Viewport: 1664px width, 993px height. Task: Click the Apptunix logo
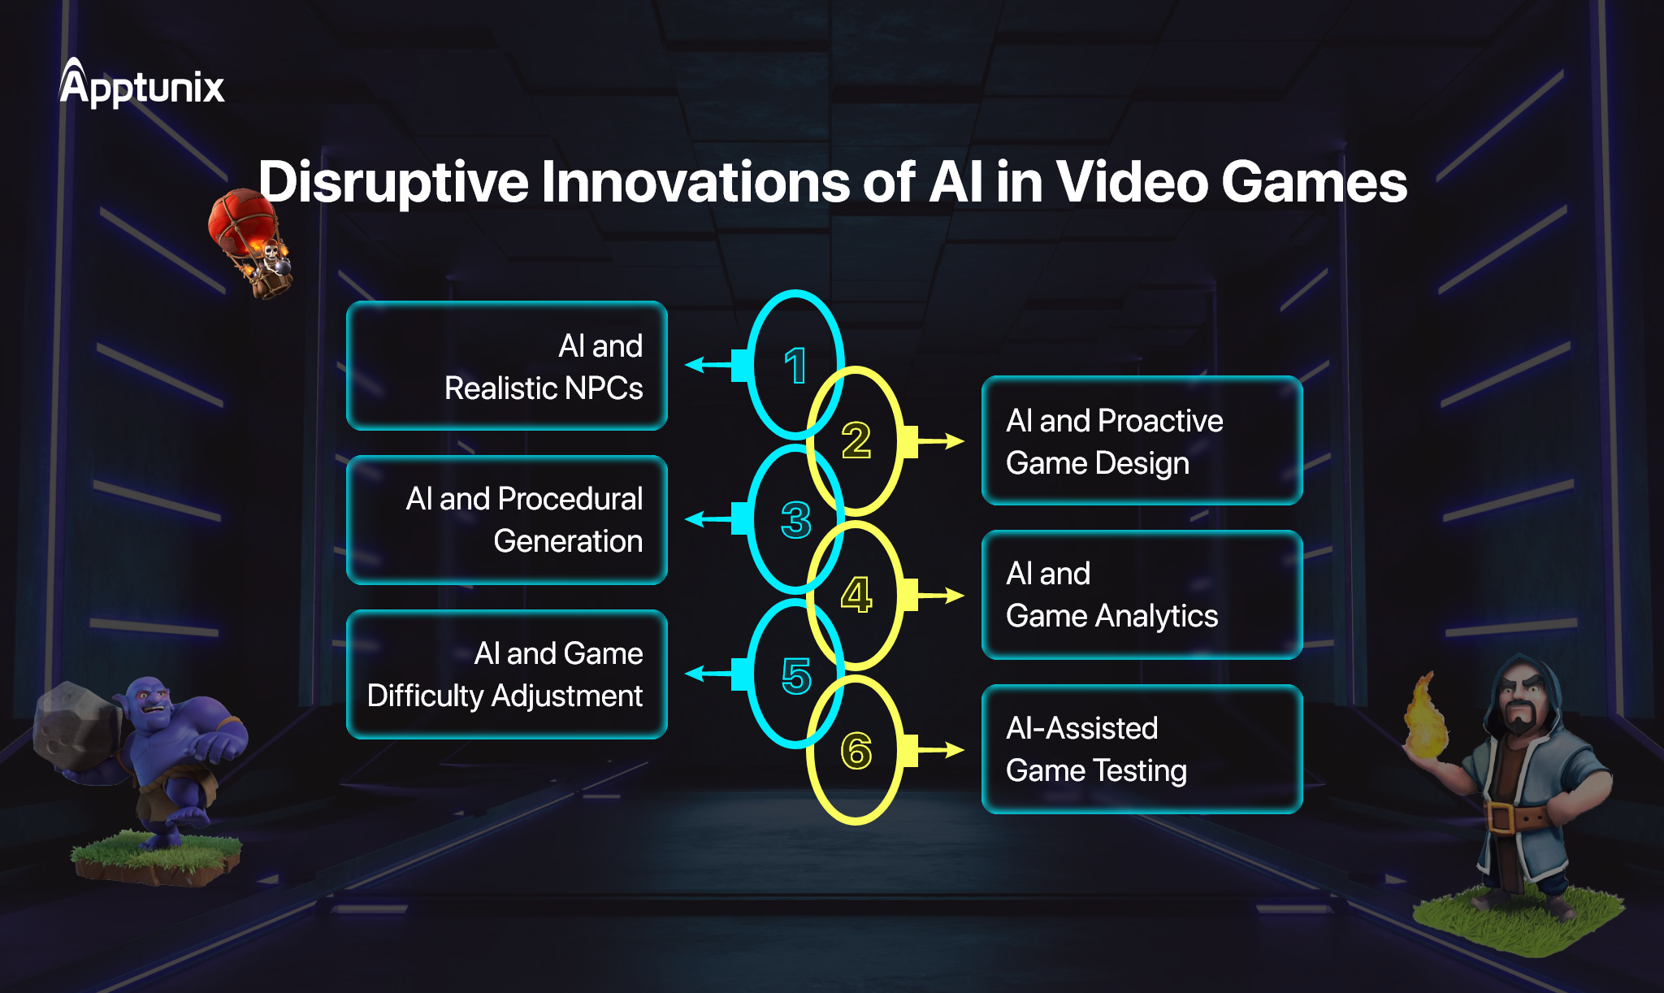[141, 85]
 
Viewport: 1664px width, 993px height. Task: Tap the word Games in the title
[1314, 182]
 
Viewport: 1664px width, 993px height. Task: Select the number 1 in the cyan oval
[795, 366]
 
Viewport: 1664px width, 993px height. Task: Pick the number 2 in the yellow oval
[856, 440]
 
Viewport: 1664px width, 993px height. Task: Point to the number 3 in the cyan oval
[795, 520]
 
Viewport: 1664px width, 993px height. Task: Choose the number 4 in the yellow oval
[856, 595]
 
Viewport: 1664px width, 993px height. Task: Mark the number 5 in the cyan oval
[795, 675]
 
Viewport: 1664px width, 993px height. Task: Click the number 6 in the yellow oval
[856, 750]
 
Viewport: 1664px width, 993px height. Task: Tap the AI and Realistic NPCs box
[507, 366]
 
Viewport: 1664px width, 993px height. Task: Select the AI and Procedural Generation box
[507, 520]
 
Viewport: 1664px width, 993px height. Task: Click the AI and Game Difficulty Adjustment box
[507, 674]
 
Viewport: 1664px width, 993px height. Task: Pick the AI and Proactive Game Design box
[1142, 441]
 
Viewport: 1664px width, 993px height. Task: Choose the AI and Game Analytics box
[1142, 595]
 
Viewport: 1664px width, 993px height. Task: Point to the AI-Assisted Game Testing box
[1142, 749]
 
